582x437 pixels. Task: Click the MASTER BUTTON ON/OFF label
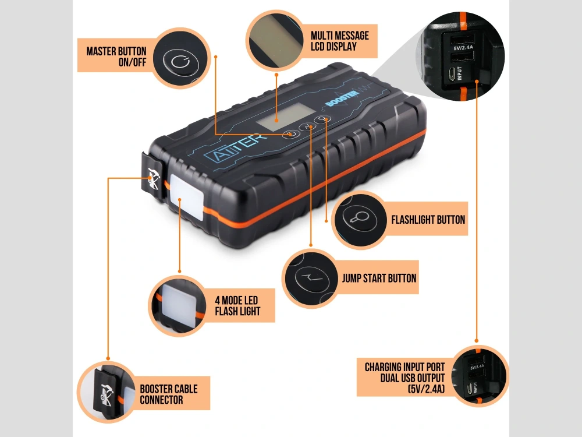pos(116,57)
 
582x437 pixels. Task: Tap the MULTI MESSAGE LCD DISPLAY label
pos(340,41)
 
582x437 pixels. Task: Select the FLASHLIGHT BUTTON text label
pos(428,220)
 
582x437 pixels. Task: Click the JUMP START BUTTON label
pos(379,279)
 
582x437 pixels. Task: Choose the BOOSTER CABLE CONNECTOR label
pos(169,394)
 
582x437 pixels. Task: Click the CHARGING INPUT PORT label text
pos(404,367)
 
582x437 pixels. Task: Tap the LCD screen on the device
pos(285,117)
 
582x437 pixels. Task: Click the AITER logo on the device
pos(236,147)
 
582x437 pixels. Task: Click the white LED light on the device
pos(187,198)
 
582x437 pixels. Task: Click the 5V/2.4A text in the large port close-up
pos(463,48)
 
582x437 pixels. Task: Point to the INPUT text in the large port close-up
pos(460,73)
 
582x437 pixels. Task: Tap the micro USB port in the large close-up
pos(451,75)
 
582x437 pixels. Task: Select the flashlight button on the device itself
pos(322,119)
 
